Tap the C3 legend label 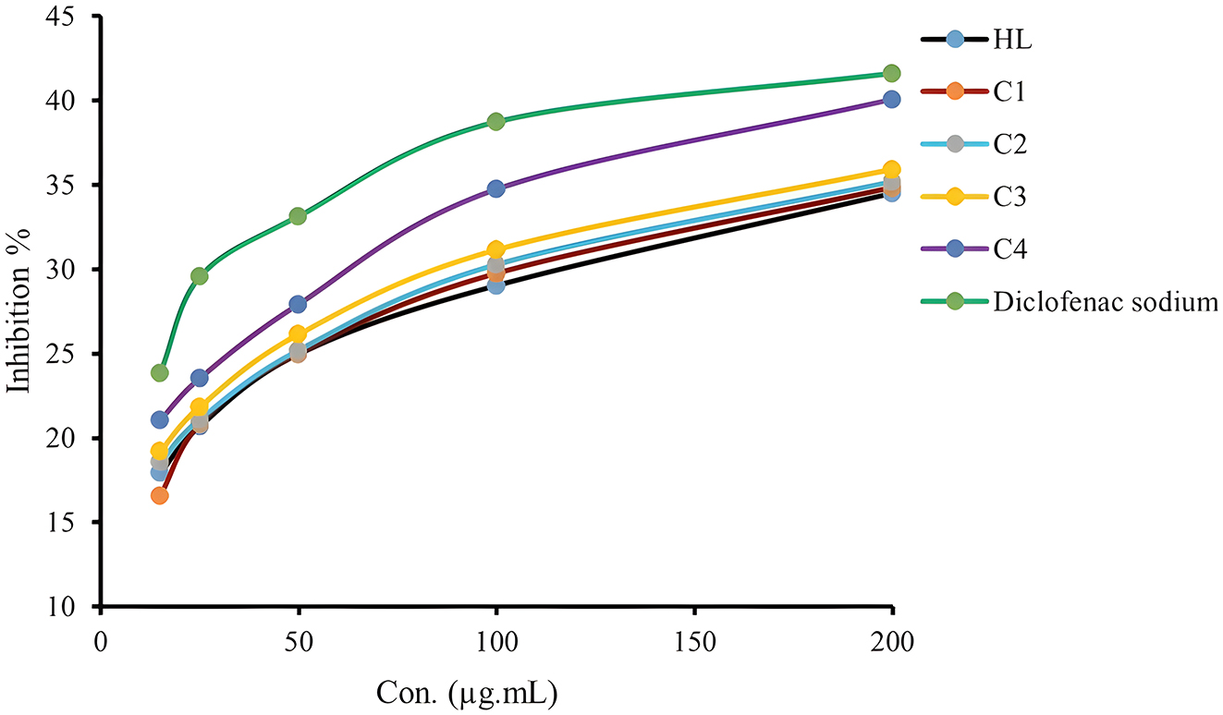point(1009,197)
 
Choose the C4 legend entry point(1009,249)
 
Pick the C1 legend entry point(1009,91)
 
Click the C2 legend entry point(1009,144)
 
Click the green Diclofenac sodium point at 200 point(891,73)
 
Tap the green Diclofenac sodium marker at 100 point(495,122)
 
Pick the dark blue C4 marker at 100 point(495,188)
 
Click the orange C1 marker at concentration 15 point(159,495)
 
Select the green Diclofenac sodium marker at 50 point(298,216)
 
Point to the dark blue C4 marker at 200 point(891,100)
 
